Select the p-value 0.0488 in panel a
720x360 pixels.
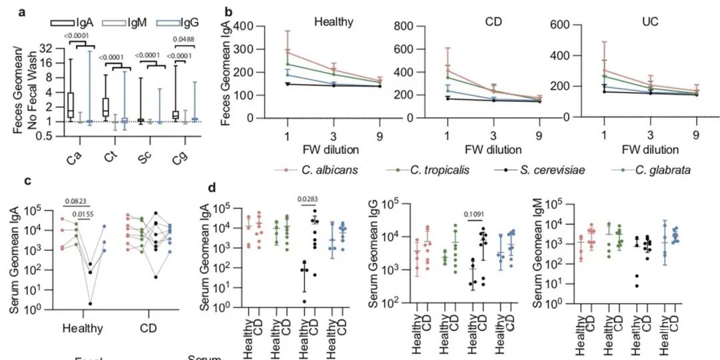point(184,39)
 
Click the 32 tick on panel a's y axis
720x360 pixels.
point(47,49)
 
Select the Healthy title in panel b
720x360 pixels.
point(334,21)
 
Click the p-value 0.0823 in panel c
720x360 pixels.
point(75,200)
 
